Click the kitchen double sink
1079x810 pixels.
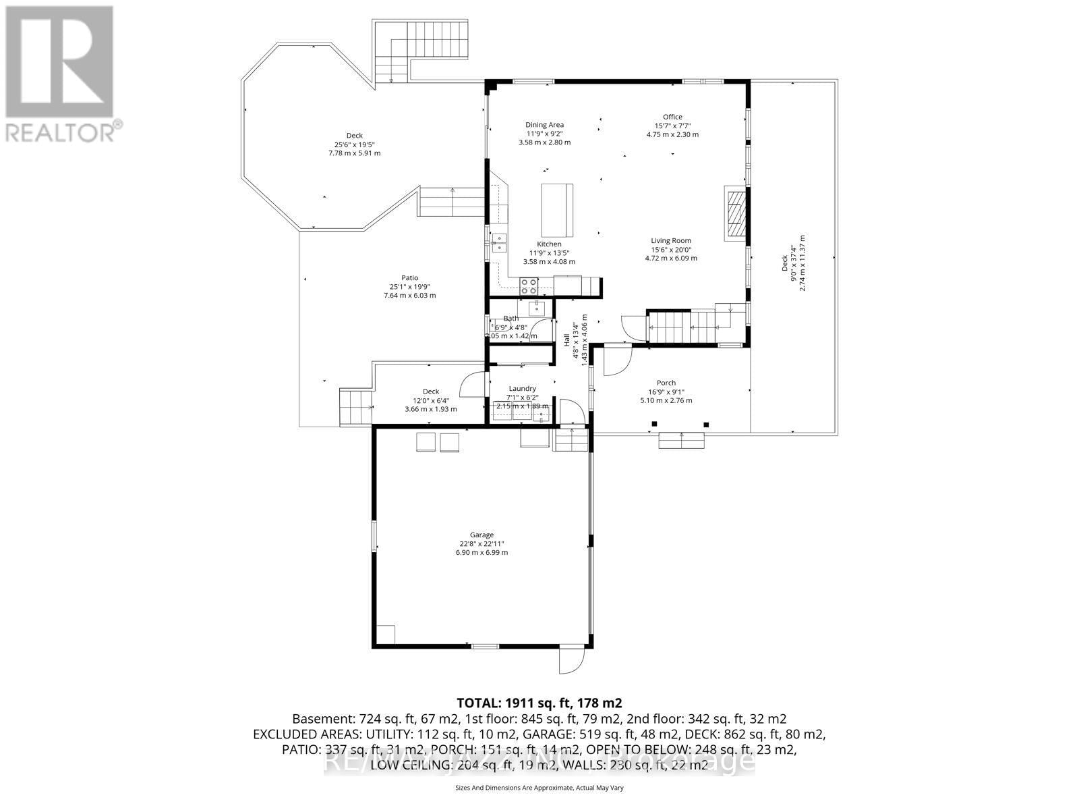499,242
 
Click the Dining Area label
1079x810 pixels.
544,125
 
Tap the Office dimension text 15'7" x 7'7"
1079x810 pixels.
672,126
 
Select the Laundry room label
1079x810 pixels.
522,389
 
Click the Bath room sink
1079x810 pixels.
537,308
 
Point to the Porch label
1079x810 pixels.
666,383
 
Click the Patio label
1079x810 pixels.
409,278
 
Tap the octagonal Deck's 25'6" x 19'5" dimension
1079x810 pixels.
354,144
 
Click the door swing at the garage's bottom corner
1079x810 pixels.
572,659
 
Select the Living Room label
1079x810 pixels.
670,241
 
